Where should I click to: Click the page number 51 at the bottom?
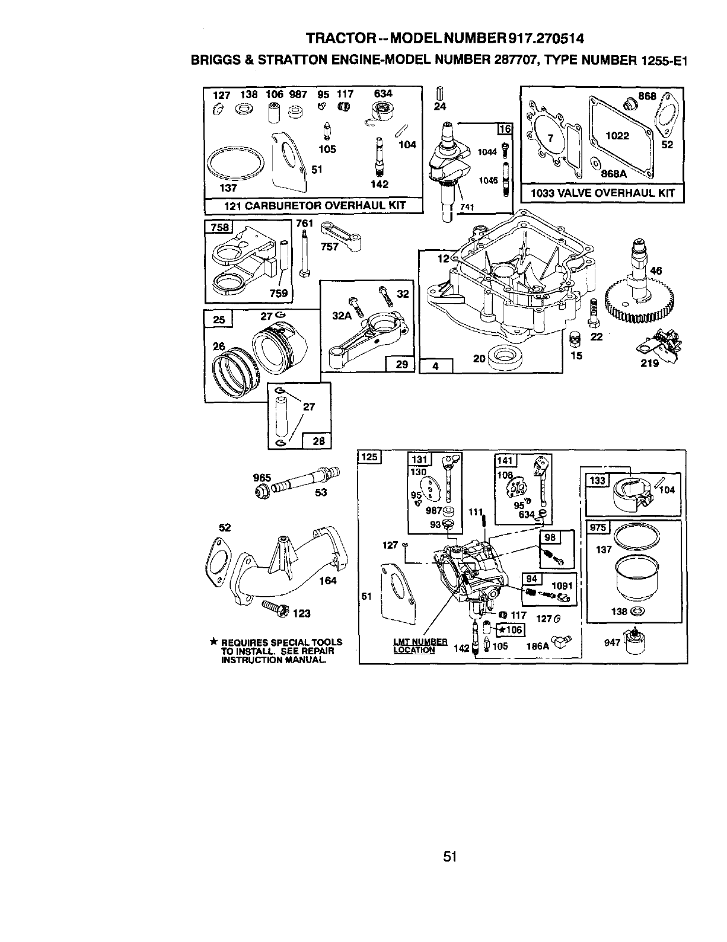point(449,856)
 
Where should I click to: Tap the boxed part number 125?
point(370,457)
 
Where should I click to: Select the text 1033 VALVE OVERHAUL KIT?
point(602,193)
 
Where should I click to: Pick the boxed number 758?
point(218,227)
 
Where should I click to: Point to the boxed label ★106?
point(510,629)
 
